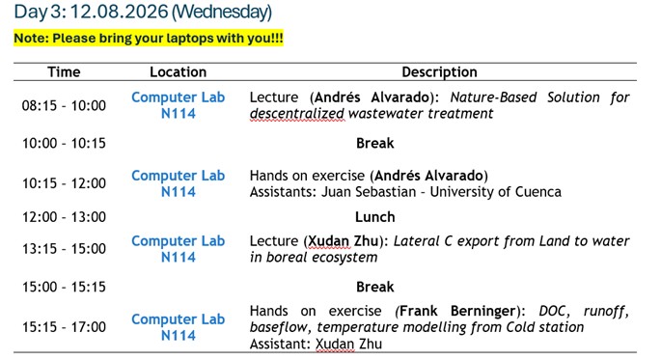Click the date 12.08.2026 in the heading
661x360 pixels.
tap(119, 12)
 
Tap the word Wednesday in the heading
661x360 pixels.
tap(221, 12)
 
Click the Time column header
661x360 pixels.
tap(64, 72)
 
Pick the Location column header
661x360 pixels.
tap(178, 72)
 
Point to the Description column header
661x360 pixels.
tap(439, 72)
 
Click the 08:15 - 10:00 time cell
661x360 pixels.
tap(64, 105)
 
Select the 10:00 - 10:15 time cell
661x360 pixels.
tap(64, 144)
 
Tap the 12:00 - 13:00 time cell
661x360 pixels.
tap(64, 217)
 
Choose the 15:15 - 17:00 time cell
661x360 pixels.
tap(64, 326)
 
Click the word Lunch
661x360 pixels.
tap(374, 217)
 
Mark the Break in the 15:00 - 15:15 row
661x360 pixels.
tap(374, 287)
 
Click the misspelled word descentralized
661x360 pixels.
tap(297, 114)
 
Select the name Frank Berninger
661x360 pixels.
tap(457, 311)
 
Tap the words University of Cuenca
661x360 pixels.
tap(496, 192)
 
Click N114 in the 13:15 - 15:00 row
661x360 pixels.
tap(178, 257)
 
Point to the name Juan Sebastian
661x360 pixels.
tap(369, 192)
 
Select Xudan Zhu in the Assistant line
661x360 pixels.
tap(348, 344)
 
